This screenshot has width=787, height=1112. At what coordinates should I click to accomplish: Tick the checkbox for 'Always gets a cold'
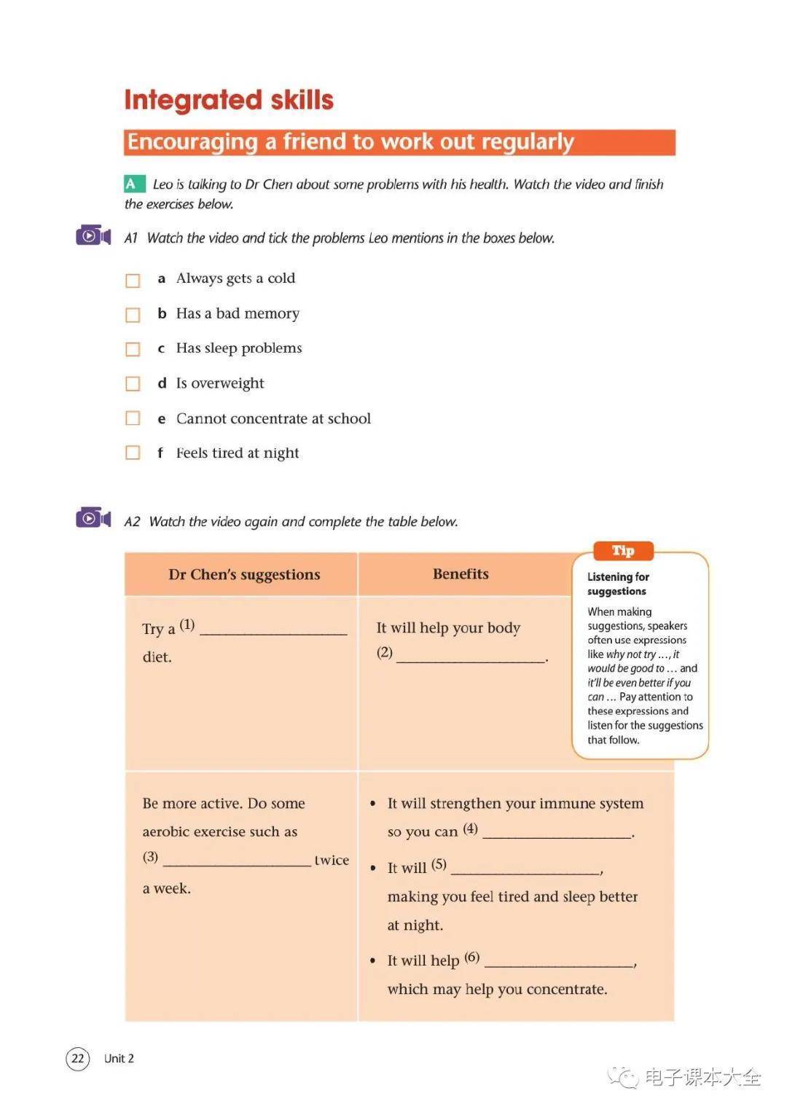pos(133,281)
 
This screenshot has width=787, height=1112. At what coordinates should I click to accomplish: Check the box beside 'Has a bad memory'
pos(133,315)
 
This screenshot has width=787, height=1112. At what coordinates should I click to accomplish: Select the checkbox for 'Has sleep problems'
pos(133,350)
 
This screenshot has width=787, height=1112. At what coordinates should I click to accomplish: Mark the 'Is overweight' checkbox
pos(133,384)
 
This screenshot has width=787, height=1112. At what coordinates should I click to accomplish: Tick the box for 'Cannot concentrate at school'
pos(133,418)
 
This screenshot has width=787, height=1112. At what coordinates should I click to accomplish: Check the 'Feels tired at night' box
pos(133,453)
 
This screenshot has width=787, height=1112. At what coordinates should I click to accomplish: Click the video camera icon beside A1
pos(93,236)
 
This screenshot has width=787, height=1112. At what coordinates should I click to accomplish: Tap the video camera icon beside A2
pos(93,518)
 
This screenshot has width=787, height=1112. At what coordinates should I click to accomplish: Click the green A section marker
pos(131,184)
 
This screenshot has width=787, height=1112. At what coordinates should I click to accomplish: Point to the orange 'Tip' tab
pos(623,551)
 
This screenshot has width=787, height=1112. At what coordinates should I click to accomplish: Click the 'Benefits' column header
pos(461,574)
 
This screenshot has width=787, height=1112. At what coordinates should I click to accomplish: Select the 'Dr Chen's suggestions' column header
pos(244,575)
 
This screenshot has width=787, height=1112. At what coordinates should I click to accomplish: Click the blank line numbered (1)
pos(273,631)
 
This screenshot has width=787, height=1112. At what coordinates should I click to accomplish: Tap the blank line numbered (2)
pos(471,657)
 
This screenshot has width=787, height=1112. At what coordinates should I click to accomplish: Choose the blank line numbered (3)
pos(237,862)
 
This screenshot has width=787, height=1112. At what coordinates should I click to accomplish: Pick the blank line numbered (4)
pos(557,834)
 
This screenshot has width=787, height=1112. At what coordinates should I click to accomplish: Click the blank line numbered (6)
pos(559,963)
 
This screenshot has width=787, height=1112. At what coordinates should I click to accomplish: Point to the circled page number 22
pos(78,1058)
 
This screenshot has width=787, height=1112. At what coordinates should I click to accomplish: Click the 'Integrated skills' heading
pos(229,100)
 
